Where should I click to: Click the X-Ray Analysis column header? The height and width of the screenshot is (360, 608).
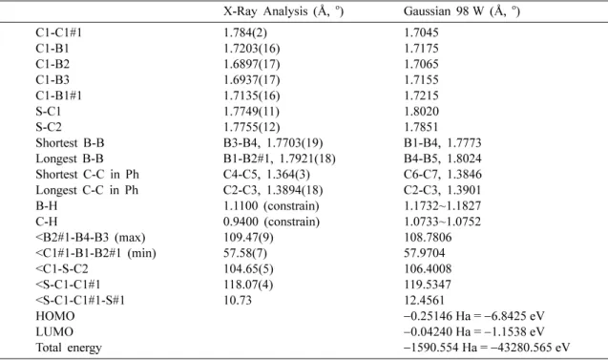tap(283, 11)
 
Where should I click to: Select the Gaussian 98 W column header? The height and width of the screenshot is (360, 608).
tap(461, 11)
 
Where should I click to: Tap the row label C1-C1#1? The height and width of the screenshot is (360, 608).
tap(58, 32)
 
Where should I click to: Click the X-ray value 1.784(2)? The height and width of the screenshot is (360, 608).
tap(245, 32)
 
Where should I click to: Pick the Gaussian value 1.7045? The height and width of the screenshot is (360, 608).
tap(421, 32)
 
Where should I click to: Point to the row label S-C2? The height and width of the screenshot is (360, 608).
tap(49, 127)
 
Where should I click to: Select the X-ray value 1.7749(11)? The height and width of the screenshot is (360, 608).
tap(251, 112)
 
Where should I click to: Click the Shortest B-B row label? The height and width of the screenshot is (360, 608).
tap(70, 143)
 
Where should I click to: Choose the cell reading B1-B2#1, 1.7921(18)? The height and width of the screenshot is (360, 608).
tap(279, 159)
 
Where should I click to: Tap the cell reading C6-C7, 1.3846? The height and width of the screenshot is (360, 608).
tap(443, 174)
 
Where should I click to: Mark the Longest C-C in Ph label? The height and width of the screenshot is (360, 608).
tap(87, 190)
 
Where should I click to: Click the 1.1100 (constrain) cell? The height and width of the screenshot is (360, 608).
tap(271, 206)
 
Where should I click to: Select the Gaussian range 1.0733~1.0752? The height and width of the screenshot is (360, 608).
tap(442, 222)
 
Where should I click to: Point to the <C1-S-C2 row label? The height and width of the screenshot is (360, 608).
tap(62, 269)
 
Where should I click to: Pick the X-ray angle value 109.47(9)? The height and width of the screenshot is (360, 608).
tap(248, 238)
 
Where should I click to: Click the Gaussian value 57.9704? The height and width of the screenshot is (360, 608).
tap(424, 253)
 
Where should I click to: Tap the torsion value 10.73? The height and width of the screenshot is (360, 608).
tap(238, 300)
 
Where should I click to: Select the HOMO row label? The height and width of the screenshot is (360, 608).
tap(55, 316)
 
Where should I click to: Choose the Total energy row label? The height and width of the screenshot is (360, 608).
tap(69, 348)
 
